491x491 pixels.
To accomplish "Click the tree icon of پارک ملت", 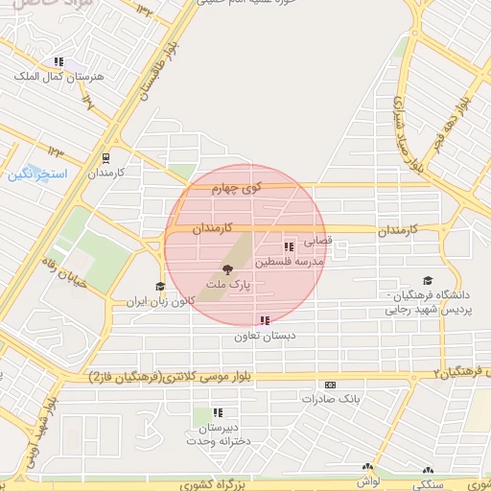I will (x=227, y=270).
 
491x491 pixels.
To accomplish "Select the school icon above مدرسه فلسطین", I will (x=289, y=247).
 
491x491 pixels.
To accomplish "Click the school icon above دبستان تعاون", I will (x=265, y=321).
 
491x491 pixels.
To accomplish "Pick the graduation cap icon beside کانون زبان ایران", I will (x=160, y=286).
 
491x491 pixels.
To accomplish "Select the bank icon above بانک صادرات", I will (x=331, y=384).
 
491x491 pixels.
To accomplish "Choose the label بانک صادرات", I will (x=329, y=398).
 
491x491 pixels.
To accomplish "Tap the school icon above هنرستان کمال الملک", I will (x=58, y=61).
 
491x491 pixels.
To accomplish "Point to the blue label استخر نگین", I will (x=35, y=175).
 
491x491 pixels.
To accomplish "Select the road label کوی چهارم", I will (x=237, y=190).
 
